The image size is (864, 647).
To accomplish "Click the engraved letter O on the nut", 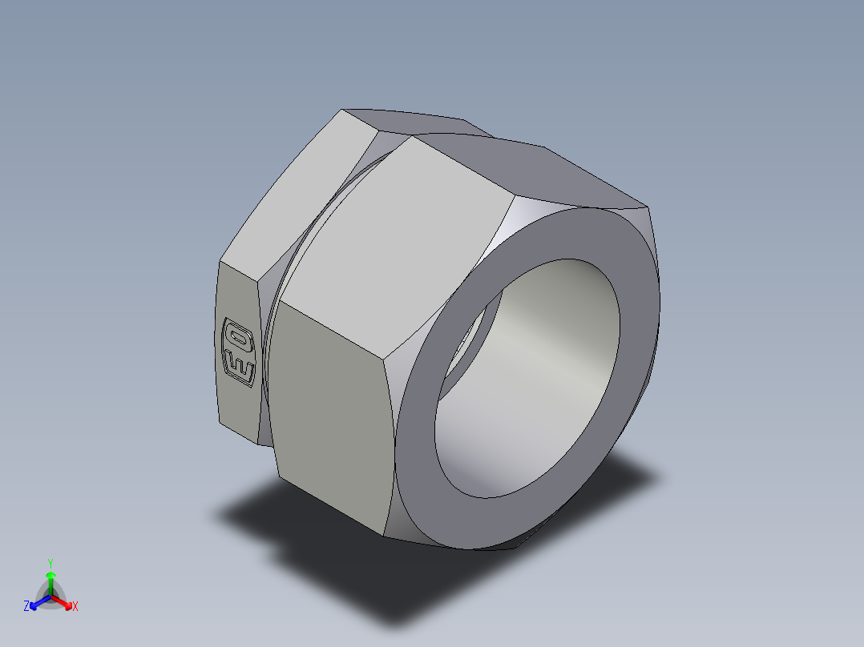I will coord(237,335).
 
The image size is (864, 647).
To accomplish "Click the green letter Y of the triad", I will coord(50,563).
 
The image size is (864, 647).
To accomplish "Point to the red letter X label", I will coord(75,607).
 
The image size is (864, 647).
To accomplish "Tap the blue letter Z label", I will coord(26,607).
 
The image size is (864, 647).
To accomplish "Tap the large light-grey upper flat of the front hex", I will coord(393,240).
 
